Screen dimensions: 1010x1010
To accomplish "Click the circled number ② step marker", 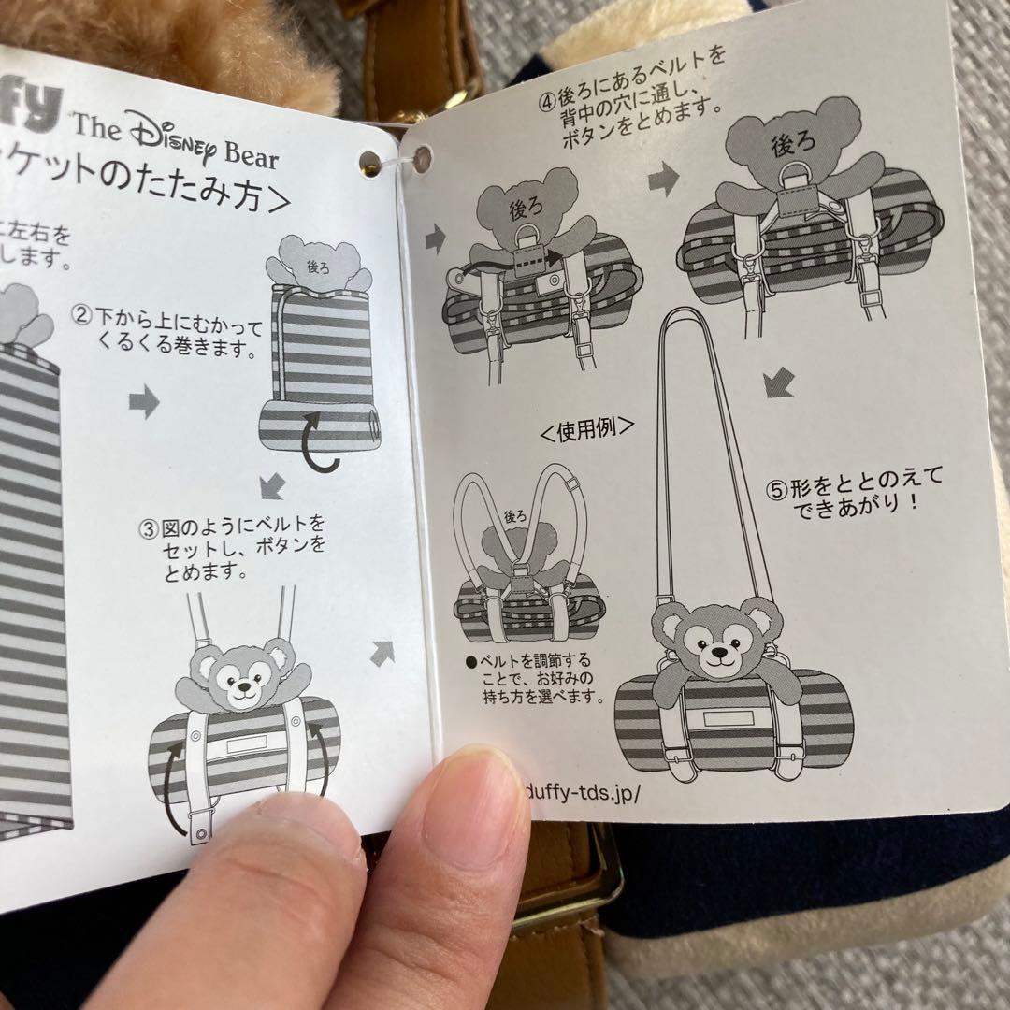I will (83, 315).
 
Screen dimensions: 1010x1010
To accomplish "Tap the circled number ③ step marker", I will (148, 528).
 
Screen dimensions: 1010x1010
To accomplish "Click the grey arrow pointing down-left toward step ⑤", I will (778, 382).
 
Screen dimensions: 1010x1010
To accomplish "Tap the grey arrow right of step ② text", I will (144, 402).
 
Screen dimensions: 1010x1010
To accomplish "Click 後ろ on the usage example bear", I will (516, 516).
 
